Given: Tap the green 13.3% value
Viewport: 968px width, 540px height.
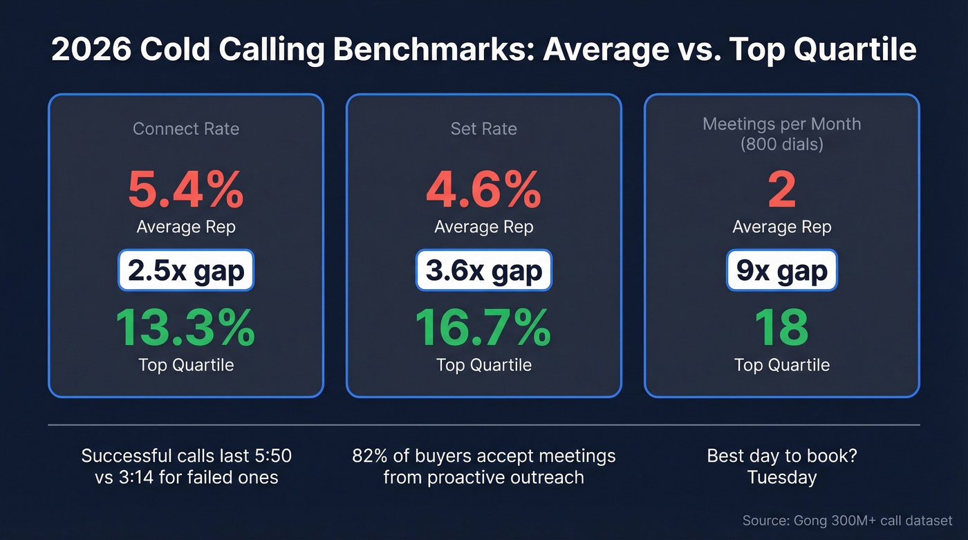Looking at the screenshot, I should pyautogui.click(x=185, y=328).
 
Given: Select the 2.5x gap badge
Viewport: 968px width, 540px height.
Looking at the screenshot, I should pyautogui.click(x=185, y=271).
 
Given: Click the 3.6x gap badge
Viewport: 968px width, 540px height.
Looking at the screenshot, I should pyautogui.click(x=483, y=271).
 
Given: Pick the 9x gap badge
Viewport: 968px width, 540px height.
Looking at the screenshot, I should pyautogui.click(x=781, y=271).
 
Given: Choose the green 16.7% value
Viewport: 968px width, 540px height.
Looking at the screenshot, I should pyautogui.click(x=483, y=328).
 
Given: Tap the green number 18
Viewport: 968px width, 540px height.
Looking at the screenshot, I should pyautogui.click(x=781, y=328).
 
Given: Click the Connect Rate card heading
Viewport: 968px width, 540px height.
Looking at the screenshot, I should pyautogui.click(x=185, y=129).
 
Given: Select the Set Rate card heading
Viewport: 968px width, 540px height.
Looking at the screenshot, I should pyautogui.click(x=483, y=129).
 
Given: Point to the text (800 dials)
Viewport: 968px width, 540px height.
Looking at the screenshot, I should pyautogui.click(x=781, y=145).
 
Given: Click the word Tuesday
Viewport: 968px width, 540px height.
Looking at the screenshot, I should pyautogui.click(x=781, y=477).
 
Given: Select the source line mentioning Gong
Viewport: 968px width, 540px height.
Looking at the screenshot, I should pyautogui.click(x=847, y=521).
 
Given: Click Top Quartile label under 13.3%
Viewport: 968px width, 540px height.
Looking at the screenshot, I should pyautogui.click(x=185, y=364).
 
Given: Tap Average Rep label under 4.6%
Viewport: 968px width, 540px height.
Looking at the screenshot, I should pyautogui.click(x=483, y=227).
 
